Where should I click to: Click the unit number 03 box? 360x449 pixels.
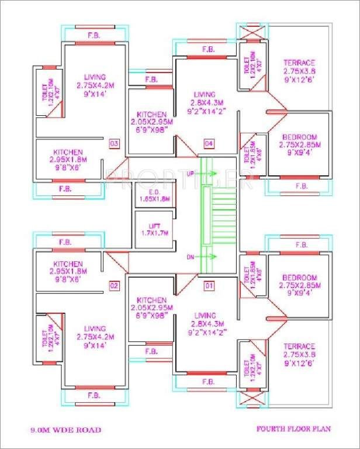[x=114, y=143]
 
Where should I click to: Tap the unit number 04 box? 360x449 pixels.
[x=209, y=143]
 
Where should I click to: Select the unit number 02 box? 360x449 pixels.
[x=114, y=286]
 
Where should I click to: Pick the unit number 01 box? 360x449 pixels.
[x=209, y=286]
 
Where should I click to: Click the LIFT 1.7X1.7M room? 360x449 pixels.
[x=154, y=229]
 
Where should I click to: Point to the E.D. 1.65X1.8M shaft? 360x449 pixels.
[x=154, y=195]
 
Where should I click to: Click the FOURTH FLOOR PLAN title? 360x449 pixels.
[x=293, y=429]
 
